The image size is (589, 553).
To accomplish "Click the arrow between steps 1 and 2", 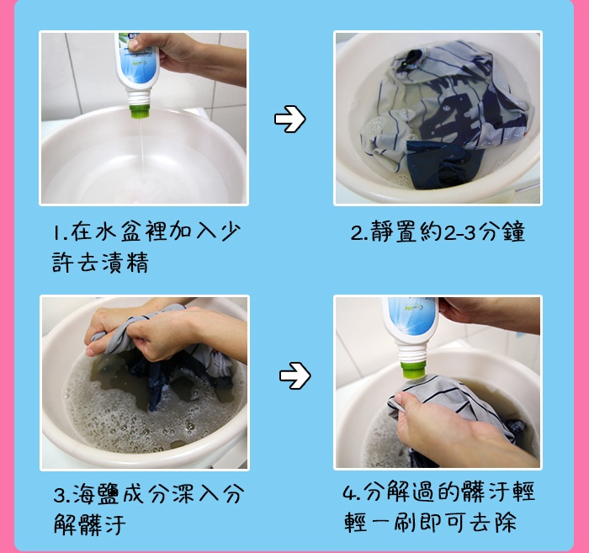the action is pos(290,119).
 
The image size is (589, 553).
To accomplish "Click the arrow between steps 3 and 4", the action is pos(294,375).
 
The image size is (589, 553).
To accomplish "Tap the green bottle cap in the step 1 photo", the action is pos(140,112).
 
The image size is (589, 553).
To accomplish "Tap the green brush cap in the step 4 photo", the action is pos(412,370).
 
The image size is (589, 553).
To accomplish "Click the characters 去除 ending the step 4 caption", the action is pos(494,522).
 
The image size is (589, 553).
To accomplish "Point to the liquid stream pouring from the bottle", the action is pos(142,146).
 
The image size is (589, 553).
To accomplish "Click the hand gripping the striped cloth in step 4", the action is pos(443,424).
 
